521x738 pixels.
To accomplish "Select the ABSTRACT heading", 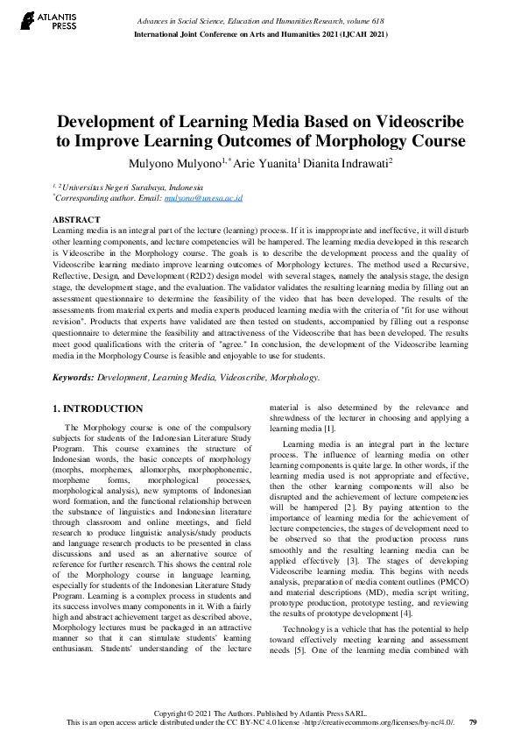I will pyautogui.click(x=76, y=218).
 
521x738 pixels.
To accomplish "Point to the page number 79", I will pyautogui.click(x=473, y=722).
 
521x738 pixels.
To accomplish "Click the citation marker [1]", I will pyautogui.click(x=329, y=429).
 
